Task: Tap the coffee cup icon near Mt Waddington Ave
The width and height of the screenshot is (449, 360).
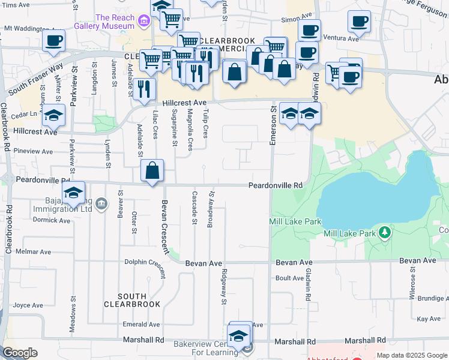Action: [53, 41]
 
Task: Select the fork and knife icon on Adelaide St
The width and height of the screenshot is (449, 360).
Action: [143, 89]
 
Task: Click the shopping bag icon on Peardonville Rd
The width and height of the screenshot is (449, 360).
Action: [152, 170]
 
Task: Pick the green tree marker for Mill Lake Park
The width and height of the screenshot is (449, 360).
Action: [384, 233]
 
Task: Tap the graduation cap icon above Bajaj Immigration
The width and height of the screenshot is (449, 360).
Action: [74, 193]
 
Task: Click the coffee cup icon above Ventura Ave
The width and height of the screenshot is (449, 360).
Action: [359, 22]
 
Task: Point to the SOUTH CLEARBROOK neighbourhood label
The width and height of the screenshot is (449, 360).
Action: [132, 300]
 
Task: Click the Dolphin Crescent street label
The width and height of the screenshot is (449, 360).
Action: [145, 262]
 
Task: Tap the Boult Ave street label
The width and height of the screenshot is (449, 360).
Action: [290, 278]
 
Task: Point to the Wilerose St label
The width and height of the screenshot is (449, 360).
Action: [412, 288]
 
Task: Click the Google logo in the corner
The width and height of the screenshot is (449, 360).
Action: [20, 353]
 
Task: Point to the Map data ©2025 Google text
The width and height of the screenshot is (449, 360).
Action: [411, 355]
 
